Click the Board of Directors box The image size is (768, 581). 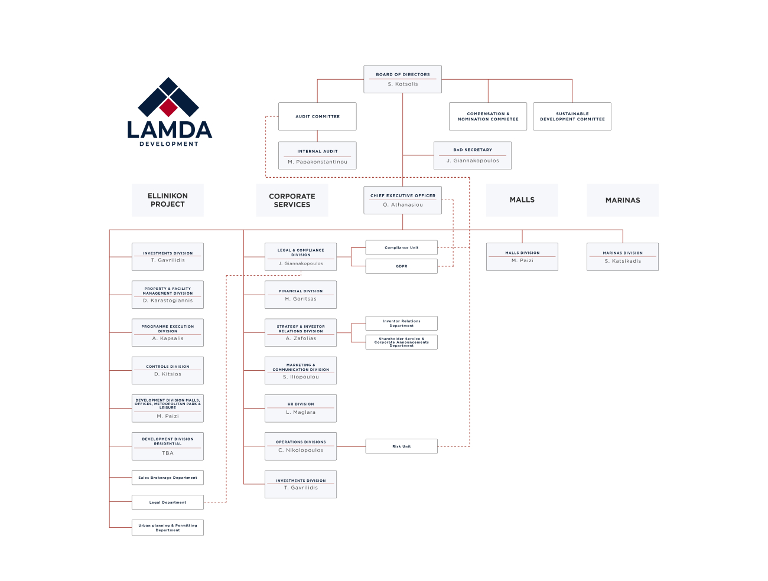(x=402, y=79)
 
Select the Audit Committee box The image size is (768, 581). (x=317, y=116)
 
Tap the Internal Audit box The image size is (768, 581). (x=317, y=155)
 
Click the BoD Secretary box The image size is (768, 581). (x=473, y=155)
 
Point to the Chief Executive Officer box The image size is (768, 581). (x=402, y=200)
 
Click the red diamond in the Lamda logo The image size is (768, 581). (x=168, y=107)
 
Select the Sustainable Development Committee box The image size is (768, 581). (x=572, y=116)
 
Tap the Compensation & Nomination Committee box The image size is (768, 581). (x=488, y=116)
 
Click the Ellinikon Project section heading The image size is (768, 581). (x=168, y=200)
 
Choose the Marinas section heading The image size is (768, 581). (x=622, y=200)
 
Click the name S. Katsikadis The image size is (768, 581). (x=623, y=261)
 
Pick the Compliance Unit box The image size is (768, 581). (x=402, y=247)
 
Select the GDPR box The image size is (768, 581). (x=402, y=266)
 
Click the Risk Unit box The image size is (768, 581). (x=402, y=446)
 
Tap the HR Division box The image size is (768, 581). (x=301, y=409)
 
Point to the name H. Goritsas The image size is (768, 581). (x=301, y=299)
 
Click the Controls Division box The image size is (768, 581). (x=168, y=370)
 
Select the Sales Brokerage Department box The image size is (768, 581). (x=168, y=478)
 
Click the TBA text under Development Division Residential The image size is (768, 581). (x=168, y=453)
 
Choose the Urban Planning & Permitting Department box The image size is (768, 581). (x=168, y=527)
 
